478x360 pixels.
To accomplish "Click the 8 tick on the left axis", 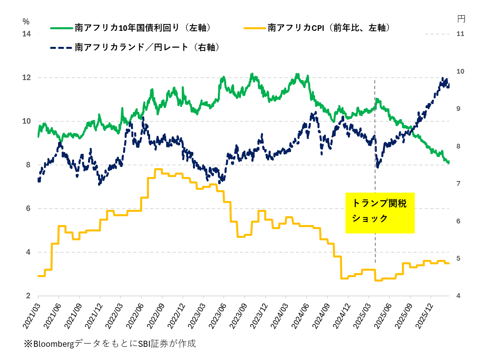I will pos(28,165).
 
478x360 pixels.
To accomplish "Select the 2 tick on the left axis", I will pos(28,296).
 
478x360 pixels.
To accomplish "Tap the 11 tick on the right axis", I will pos(460,34).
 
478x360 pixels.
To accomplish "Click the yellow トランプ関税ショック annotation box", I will pos(380,213).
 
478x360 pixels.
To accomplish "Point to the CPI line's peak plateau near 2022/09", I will pos(159,169).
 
